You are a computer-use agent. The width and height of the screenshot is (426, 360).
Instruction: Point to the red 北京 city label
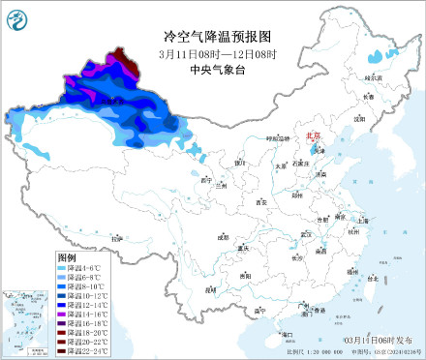pyautogui.click(x=312, y=137)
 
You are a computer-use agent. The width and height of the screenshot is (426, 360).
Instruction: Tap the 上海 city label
pyautogui.click(x=362, y=221)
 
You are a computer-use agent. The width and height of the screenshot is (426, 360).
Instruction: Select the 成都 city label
pyautogui.click(x=224, y=236)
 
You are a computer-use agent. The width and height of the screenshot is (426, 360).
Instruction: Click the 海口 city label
pyautogui.click(x=287, y=334)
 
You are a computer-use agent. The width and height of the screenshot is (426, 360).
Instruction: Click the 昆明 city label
pyautogui.click(x=210, y=288)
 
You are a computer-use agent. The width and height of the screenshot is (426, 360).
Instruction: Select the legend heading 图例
pyautogui.click(x=67, y=258)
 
